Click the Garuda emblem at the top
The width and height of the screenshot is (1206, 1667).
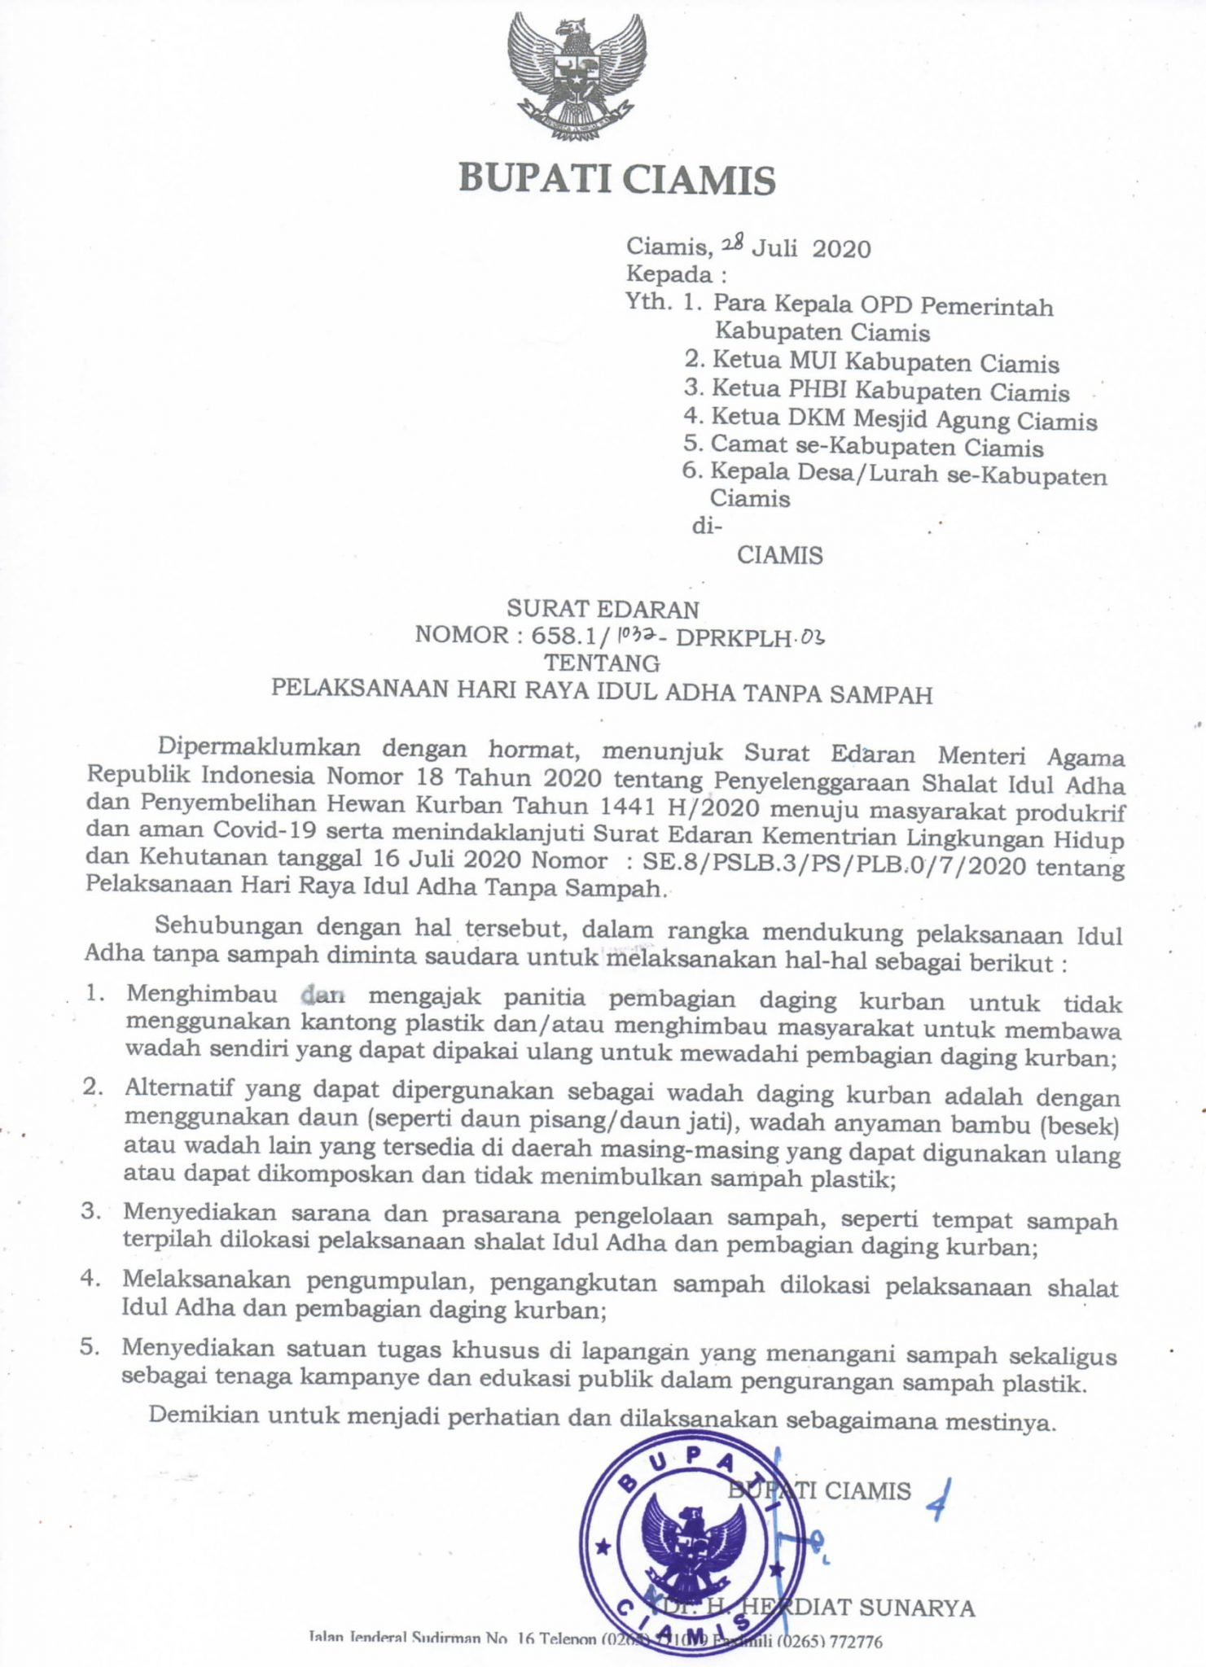[x=576, y=76]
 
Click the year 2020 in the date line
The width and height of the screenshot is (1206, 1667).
[x=841, y=248]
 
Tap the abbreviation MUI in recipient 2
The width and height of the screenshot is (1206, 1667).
[x=811, y=361]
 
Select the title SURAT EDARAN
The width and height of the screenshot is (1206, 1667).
[x=603, y=609]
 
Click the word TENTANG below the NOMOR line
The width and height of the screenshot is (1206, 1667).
[x=602, y=663]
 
